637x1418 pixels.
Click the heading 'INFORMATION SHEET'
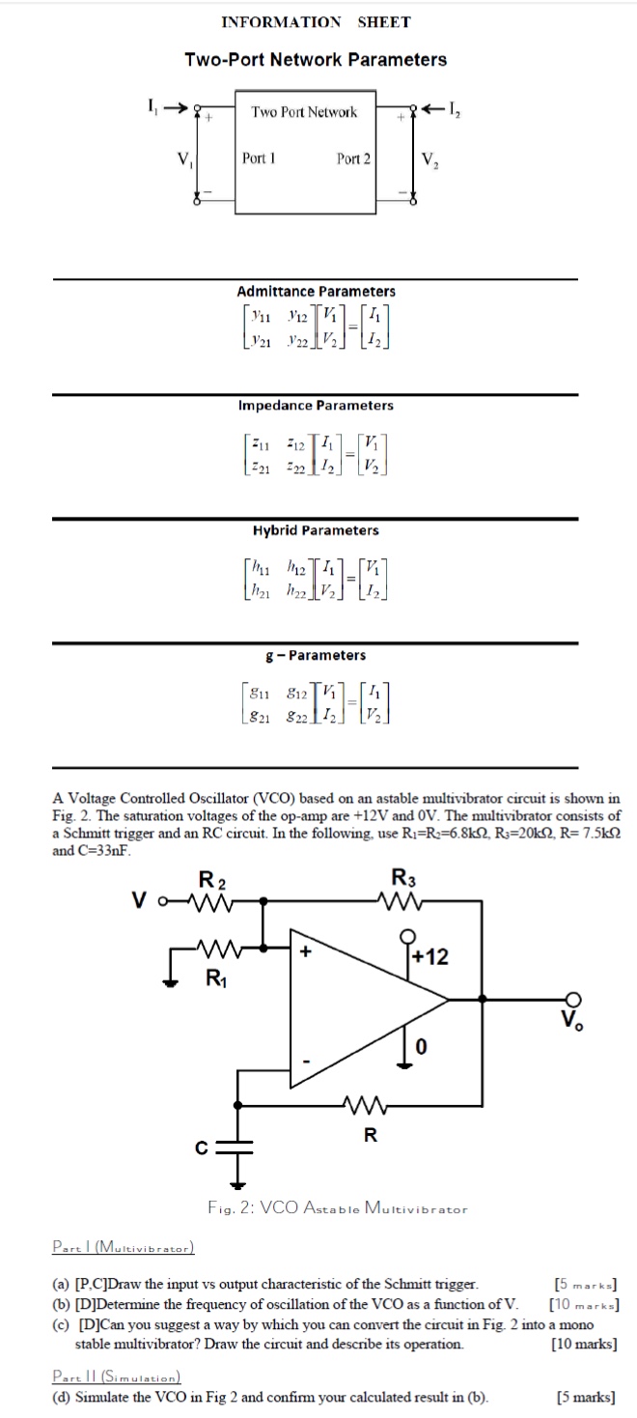[316, 22]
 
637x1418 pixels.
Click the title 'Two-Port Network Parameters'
[316, 60]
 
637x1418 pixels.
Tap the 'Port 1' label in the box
[259, 158]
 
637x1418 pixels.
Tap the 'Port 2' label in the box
[353, 158]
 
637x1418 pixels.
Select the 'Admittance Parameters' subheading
[316, 291]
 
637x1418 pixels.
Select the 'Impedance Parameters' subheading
[316, 406]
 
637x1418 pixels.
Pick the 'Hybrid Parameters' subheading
[316, 530]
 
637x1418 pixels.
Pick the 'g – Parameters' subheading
[316, 655]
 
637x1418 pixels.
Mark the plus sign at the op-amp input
[307, 951]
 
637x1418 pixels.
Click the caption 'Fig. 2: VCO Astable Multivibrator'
[337, 1207]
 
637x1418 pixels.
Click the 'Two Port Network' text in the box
[304, 112]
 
